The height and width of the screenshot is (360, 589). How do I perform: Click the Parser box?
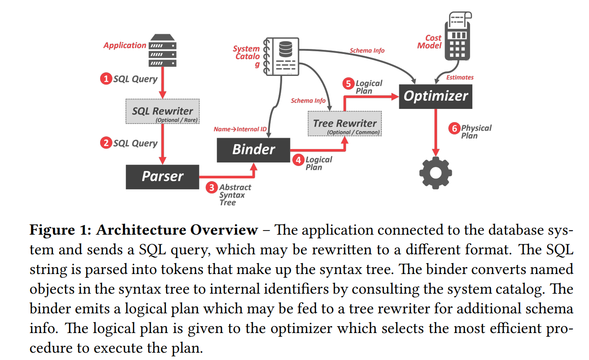point(162,177)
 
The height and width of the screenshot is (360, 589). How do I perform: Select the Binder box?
point(253,150)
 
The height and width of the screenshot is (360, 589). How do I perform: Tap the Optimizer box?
point(435,96)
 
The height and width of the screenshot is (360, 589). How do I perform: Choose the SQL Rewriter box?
point(162,112)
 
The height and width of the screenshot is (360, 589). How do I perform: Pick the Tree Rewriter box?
point(344,124)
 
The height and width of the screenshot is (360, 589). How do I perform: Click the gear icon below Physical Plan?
point(435,172)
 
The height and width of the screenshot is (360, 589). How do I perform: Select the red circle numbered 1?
point(106,79)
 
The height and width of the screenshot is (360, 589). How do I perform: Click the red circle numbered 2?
point(106,143)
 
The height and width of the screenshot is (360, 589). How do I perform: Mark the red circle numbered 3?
point(211,187)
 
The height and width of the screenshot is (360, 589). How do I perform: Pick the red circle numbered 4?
point(298,160)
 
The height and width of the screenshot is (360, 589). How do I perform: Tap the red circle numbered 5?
point(348,84)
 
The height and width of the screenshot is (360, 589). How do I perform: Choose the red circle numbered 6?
point(454,129)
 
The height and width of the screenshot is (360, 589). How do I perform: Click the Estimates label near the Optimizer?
point(460,77)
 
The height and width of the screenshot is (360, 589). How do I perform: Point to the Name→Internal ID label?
point(240,129)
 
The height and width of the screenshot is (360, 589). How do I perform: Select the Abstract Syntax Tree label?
point(235,195)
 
